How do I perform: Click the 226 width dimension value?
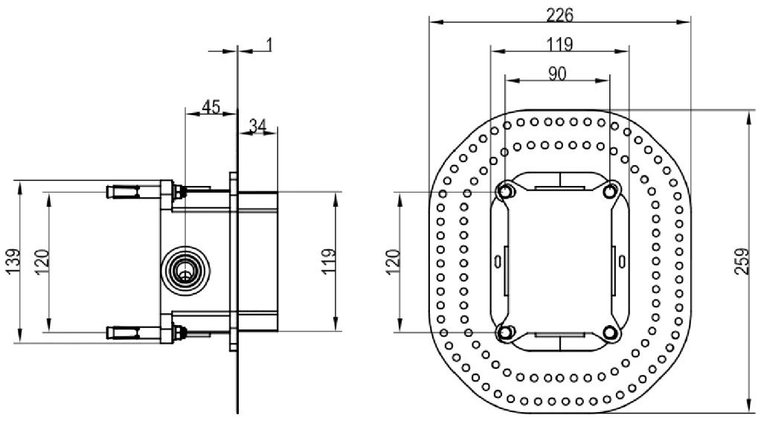[x=559, y=15]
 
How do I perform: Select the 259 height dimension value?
[x=742, y=262]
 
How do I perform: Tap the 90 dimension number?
[x=557, y=74]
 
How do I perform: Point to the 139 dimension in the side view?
[x=13, y=262]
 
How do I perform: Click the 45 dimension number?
[x=211, y=106]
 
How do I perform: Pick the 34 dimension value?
[x=257, y=126]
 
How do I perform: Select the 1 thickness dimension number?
[x=269, y=45]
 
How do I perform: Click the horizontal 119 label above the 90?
[x=559, y=45]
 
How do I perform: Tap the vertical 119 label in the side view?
[x=329, y=262]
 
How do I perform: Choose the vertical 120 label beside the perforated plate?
[x=393, y=262]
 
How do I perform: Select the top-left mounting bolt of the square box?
[x=505, y=192]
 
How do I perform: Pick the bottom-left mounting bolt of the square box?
[x=505, y=332]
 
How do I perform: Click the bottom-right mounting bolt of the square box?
[x=610, y=332]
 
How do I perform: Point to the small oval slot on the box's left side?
[x=498, y=262]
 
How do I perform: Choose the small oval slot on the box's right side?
[x=622, y=262]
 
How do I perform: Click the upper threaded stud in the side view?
[x=134, y=192]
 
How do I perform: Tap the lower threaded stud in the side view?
[x=134, y=332]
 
